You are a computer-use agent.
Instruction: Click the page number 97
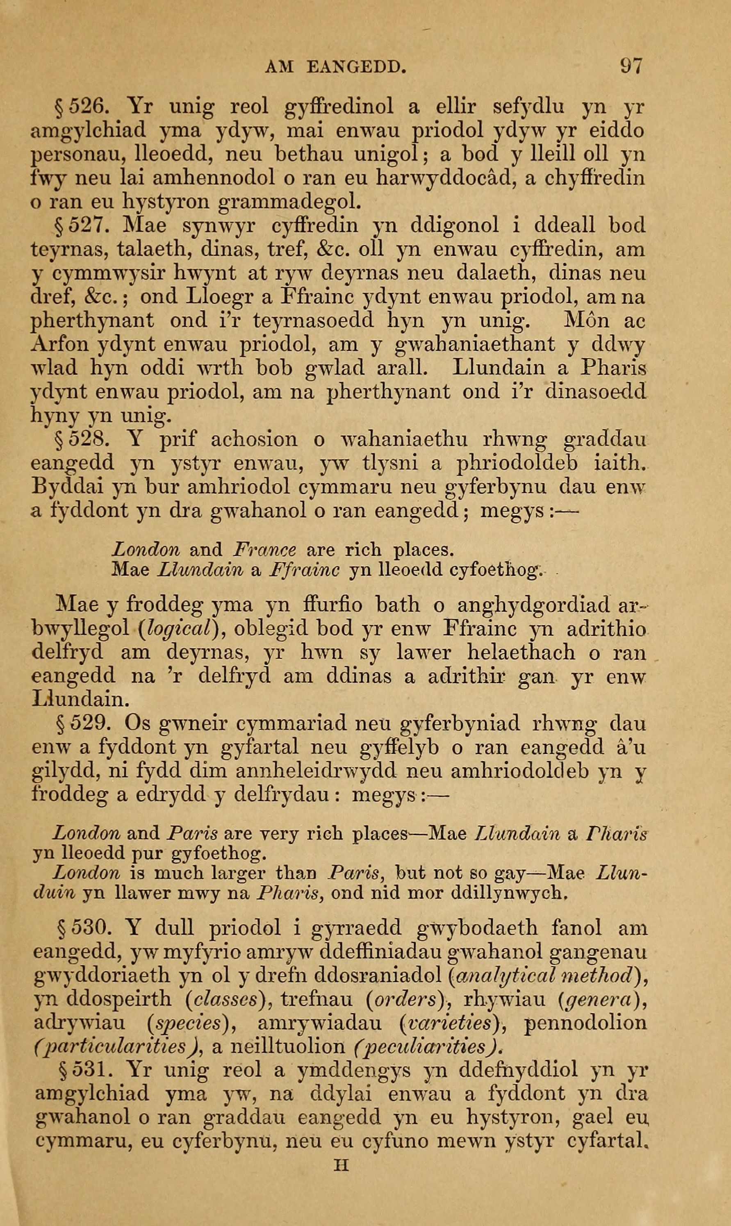tap(630, 66)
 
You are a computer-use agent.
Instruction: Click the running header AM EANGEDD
tap(335, 66)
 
